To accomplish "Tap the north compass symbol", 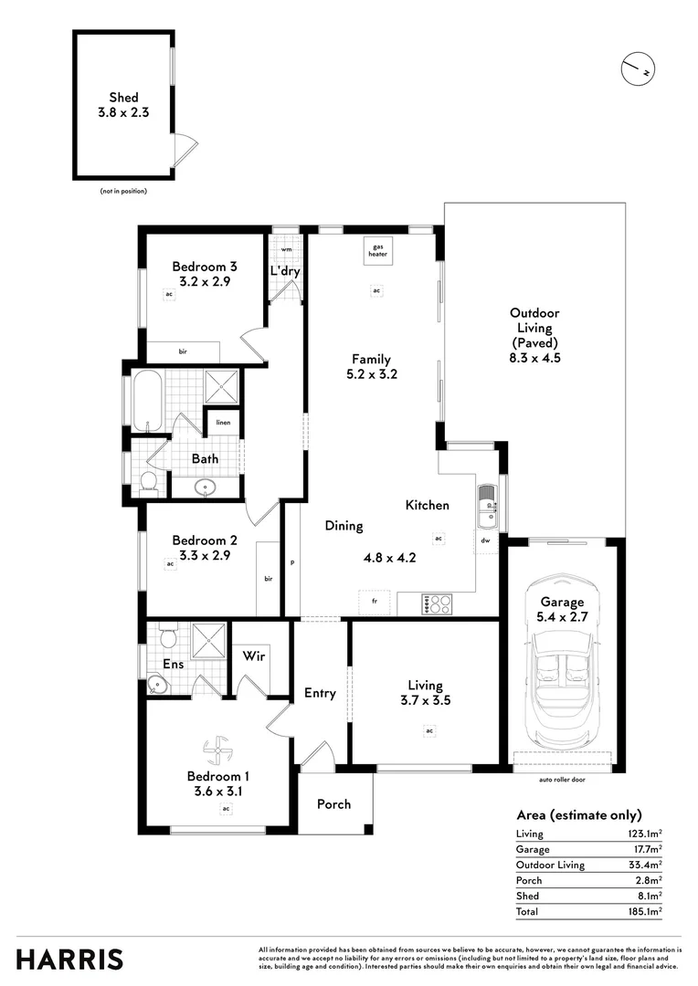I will click(x=640, y=68).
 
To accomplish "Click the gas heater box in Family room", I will click(x=377, y=250).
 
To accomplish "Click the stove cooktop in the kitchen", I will click(x=438, y=603).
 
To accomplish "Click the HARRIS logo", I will click(x=69, y=959).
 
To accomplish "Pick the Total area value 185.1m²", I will click(x=645, y=911).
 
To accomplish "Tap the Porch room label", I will click(x=333, y=803).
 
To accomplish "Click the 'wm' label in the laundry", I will click(x=286, y=248).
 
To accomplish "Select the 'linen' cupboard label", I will click(x=223, y=423).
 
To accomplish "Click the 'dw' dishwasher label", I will click(x=486, y=540).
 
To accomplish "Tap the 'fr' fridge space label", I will click(x=374, y=603).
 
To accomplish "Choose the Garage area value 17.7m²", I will click(x=648, y=849).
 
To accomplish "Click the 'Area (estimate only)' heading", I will click(x=578, y=814).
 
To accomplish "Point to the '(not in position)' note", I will click(x=123, y=191).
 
